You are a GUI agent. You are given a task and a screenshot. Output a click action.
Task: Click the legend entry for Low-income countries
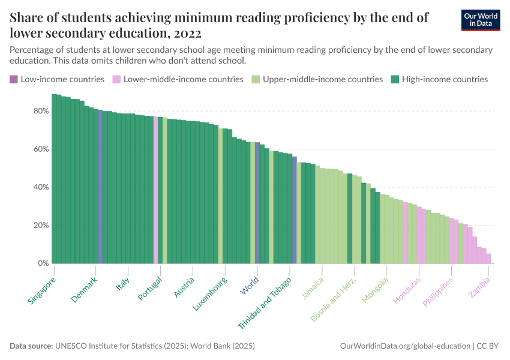[57, 79]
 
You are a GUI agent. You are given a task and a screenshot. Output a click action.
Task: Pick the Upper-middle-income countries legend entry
[317, 79]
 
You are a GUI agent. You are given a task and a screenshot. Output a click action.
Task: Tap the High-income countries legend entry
[439, 79]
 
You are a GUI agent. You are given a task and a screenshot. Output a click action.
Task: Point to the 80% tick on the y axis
[41, 111]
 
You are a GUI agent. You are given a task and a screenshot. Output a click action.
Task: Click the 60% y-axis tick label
[41, 149]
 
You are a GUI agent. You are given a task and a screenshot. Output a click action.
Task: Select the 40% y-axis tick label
[41, 187]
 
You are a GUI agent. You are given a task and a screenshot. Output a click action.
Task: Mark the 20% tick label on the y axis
[41, 226]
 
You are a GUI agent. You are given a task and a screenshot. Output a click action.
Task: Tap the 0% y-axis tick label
[43, 263]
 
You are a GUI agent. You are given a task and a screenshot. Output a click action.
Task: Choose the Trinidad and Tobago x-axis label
[265, 302]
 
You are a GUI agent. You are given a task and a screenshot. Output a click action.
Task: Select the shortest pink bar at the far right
[488, 259]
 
